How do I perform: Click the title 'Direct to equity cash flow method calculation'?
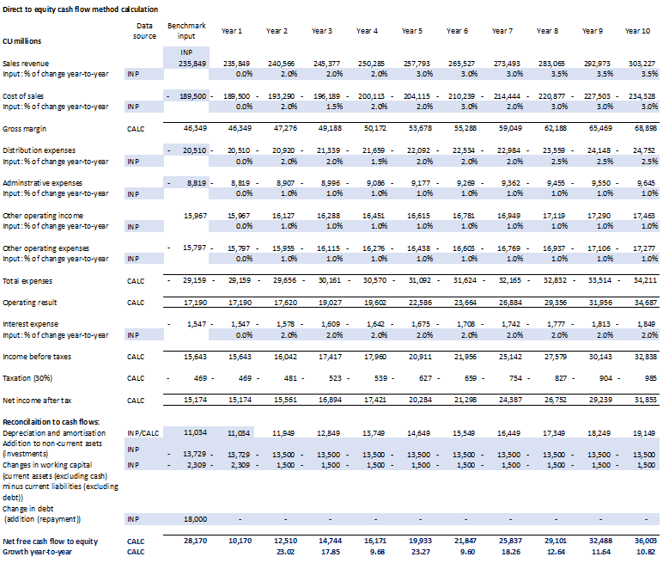(x=79, y=9)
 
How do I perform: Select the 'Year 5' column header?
(x=411, y=31)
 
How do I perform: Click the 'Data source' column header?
(x=145, y=31)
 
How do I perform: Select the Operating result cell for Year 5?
(x=417, y=303)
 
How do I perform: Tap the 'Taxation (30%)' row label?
(x=29, y=377)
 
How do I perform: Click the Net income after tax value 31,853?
(x=642, y=399)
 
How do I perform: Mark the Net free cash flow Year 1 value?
(x=239, y=541)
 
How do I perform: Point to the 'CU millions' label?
(x=22, y=41)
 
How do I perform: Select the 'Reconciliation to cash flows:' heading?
(x=51, y=420)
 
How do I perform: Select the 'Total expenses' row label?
(x=27, y=280)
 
